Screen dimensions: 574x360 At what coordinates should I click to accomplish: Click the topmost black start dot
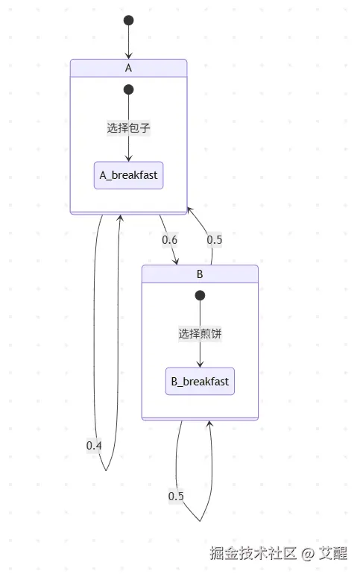[x=128, y=20]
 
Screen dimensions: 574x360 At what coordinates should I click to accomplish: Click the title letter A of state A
[x=128, y=67]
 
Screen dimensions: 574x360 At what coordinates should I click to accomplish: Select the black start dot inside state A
[x=128, y=89]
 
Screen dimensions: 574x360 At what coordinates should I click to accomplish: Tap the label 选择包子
[x=128, y=127]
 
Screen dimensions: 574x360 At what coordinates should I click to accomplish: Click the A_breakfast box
[x=128, y=176]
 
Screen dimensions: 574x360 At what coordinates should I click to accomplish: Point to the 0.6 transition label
[x=170, y=240]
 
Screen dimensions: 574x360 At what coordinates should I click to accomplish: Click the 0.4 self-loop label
[x=94, y=445]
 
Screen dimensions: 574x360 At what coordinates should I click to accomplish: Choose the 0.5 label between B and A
[x=215, y=240]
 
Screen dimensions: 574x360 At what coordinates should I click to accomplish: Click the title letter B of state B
[x=200, y=274]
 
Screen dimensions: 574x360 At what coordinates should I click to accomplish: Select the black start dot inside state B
[x=200, y=296]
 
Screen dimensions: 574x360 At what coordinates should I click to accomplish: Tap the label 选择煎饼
[x=200, y=334]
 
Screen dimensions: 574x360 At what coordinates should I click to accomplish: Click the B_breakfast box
[x=200, y=382]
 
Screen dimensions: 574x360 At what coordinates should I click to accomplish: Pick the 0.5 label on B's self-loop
[x=176, y=496]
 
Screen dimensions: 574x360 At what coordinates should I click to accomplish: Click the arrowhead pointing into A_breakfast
[x=128, y=158]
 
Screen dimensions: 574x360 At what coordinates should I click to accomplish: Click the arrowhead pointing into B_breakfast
[x=200, y=364]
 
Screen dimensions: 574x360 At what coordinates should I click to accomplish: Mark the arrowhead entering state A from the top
[x=128, y=55]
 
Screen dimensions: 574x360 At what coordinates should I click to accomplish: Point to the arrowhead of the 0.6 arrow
[x=177, y=261]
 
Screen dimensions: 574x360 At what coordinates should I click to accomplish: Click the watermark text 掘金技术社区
[x=253, y=553]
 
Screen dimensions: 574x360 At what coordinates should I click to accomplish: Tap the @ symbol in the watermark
[x=309, y=553]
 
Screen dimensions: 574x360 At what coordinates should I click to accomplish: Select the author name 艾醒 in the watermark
[x=333, y=553]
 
